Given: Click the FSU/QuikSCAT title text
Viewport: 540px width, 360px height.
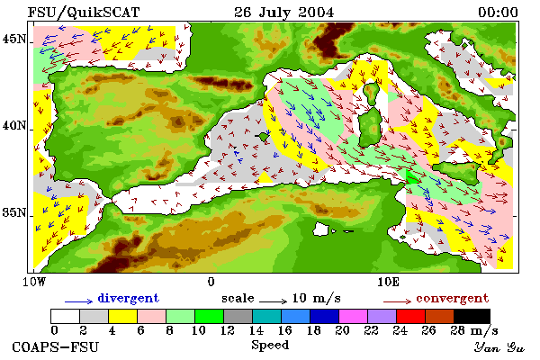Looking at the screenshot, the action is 84,13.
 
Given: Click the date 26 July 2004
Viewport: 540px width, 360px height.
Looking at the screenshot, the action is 284,13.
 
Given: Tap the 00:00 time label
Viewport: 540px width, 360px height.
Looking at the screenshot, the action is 498,13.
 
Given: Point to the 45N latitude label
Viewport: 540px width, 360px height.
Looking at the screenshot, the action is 14,39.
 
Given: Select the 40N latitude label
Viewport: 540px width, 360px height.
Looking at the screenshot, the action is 14,125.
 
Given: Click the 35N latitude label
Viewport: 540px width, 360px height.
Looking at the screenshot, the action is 14,212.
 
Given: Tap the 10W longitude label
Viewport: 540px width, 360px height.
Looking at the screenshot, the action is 34,282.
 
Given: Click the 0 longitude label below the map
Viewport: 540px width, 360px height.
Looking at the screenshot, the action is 211,282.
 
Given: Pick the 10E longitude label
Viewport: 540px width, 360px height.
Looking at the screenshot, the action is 388,282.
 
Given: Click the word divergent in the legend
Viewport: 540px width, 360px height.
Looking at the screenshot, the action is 128,298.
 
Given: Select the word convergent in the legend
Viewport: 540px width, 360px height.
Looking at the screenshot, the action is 452,298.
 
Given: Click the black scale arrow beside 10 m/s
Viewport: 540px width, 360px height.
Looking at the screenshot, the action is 273,301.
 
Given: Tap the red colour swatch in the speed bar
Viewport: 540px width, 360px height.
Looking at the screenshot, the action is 410,316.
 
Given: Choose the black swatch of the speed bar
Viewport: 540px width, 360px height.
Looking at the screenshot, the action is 472,316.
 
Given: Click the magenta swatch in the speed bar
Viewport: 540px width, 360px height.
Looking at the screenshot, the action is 353,316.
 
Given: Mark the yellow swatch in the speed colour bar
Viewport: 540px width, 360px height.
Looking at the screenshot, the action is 122,316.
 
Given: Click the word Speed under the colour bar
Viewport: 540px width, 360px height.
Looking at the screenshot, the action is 270,346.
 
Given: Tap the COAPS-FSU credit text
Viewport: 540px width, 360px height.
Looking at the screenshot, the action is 55,346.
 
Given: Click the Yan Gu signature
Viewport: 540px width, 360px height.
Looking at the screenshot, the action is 499,347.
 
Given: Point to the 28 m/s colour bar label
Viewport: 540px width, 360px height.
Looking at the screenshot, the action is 474,330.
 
